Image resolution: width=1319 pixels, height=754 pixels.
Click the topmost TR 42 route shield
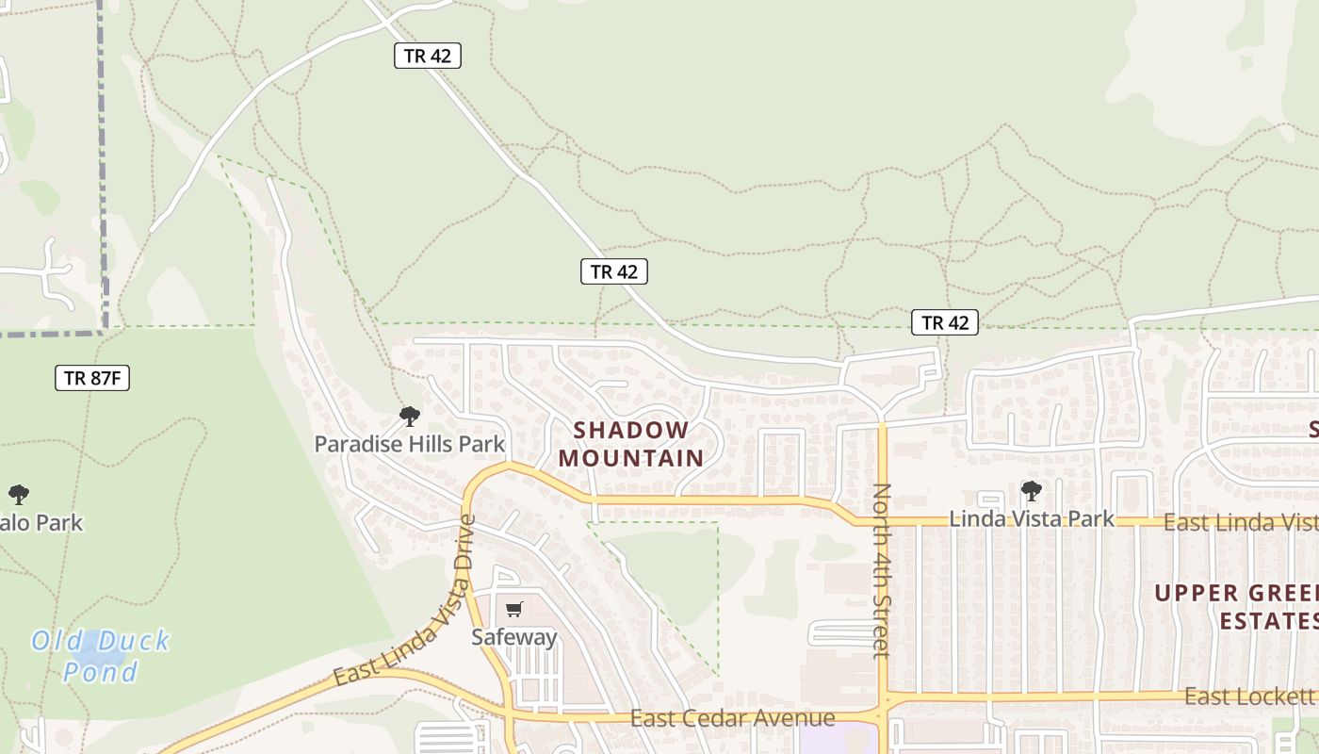(x=428, y=56)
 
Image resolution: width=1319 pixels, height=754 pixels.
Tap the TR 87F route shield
(x=91, y=378)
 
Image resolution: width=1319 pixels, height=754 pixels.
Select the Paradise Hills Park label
(x=410, y=444)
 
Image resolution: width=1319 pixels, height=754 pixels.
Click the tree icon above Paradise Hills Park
(x=410, y=416)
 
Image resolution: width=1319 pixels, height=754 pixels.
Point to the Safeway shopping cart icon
(x=513, y=610)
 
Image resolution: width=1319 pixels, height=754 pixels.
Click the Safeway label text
(x=514, y=637)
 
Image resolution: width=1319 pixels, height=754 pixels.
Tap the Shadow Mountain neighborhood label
(x=631, y=444)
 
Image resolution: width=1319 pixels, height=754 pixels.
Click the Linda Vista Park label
(x=1031, y=518)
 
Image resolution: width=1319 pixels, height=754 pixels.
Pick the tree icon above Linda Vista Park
(x=1032, y=490)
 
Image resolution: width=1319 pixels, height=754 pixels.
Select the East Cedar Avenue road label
(x=732, y=718)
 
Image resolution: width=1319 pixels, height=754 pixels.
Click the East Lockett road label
(x=1248, y=697)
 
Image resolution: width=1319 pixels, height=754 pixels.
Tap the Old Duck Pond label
(x=100, y=656)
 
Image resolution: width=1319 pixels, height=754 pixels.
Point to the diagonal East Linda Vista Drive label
(x=404, y=604)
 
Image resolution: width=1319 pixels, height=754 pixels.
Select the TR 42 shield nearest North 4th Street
(x=945, y=323)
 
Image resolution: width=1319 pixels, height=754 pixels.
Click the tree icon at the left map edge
(x=18, y=494)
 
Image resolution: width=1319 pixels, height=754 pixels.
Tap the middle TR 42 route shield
(x=614, y=272)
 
